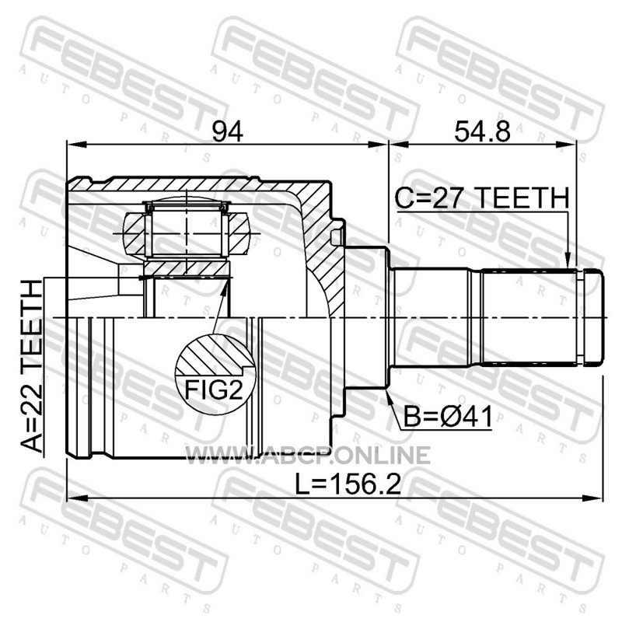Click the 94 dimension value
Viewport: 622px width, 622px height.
pos(227,131)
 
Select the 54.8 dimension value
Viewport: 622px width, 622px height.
pos(482,131)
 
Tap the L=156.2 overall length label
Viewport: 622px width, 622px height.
pos(348,484)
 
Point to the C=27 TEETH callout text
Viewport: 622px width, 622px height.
pos(482,198)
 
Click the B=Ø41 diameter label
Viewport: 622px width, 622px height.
pos(448,417)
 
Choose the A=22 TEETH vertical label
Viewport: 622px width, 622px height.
pos(31,365)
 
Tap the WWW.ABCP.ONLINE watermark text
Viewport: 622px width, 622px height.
pos(308,455)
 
